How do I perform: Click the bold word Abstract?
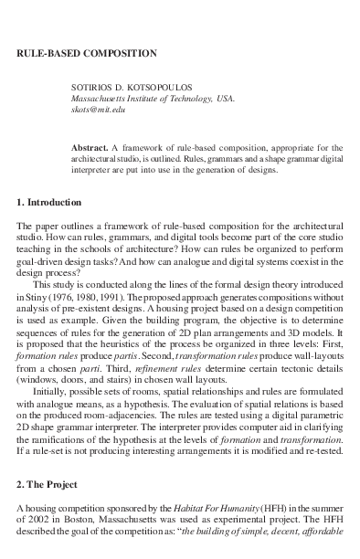tap(89, 148)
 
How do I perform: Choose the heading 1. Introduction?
tap(48, 202)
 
